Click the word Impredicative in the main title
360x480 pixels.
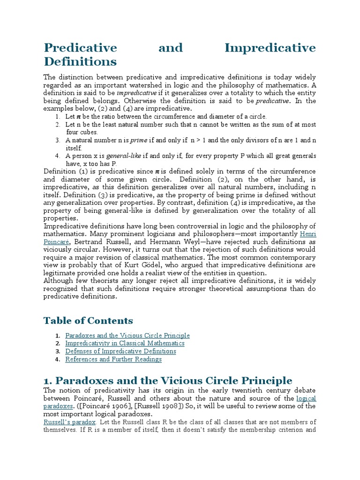(x=270, y=48)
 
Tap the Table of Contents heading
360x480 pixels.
(x=88, y=321)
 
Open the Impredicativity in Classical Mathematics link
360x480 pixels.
(x=125, y=344)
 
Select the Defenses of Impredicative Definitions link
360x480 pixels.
(x=120, y=351)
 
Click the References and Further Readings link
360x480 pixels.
(x=113, y=359)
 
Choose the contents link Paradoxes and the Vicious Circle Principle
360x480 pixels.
(x=127, y=336)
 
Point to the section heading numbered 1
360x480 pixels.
(x=168, y=380)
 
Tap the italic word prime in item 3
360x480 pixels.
(x=138, y=140)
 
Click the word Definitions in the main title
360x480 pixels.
(x=80, y=61)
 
